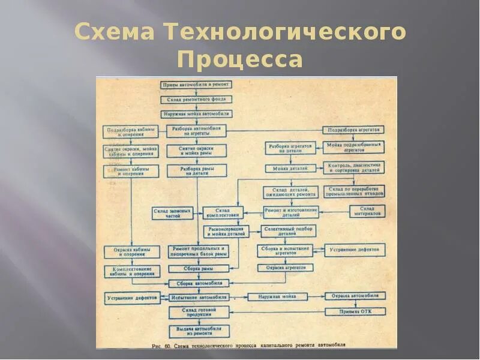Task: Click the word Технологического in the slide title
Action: click(284, 33)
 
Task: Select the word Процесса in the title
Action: click(240, 60)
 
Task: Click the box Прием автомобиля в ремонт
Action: click(195, 85)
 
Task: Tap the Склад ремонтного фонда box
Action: click(195, 99)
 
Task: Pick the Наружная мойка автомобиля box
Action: click(196, 113)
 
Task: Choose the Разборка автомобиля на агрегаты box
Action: click(195, 131)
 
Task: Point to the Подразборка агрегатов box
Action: click(353, 130)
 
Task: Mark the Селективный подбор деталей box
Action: click(289, 230)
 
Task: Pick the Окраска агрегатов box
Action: click(286, 268)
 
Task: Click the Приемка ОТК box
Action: click(355, 311)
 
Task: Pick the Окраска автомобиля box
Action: click(355, 296)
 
